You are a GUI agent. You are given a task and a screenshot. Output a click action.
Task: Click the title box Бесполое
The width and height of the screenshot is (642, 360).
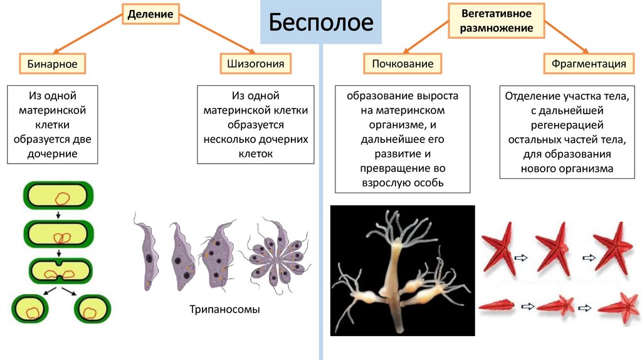321,24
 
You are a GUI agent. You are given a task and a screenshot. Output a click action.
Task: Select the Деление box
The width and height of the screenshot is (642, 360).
150,13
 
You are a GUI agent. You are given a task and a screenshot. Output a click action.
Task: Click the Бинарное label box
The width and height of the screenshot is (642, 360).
52,64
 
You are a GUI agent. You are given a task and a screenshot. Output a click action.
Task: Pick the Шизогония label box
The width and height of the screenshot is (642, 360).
256,64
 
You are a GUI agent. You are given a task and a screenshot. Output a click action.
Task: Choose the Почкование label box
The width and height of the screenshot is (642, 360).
403,64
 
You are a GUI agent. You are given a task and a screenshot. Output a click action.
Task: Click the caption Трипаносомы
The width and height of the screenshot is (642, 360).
224,310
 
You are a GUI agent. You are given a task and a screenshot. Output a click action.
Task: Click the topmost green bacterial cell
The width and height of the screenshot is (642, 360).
58,197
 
